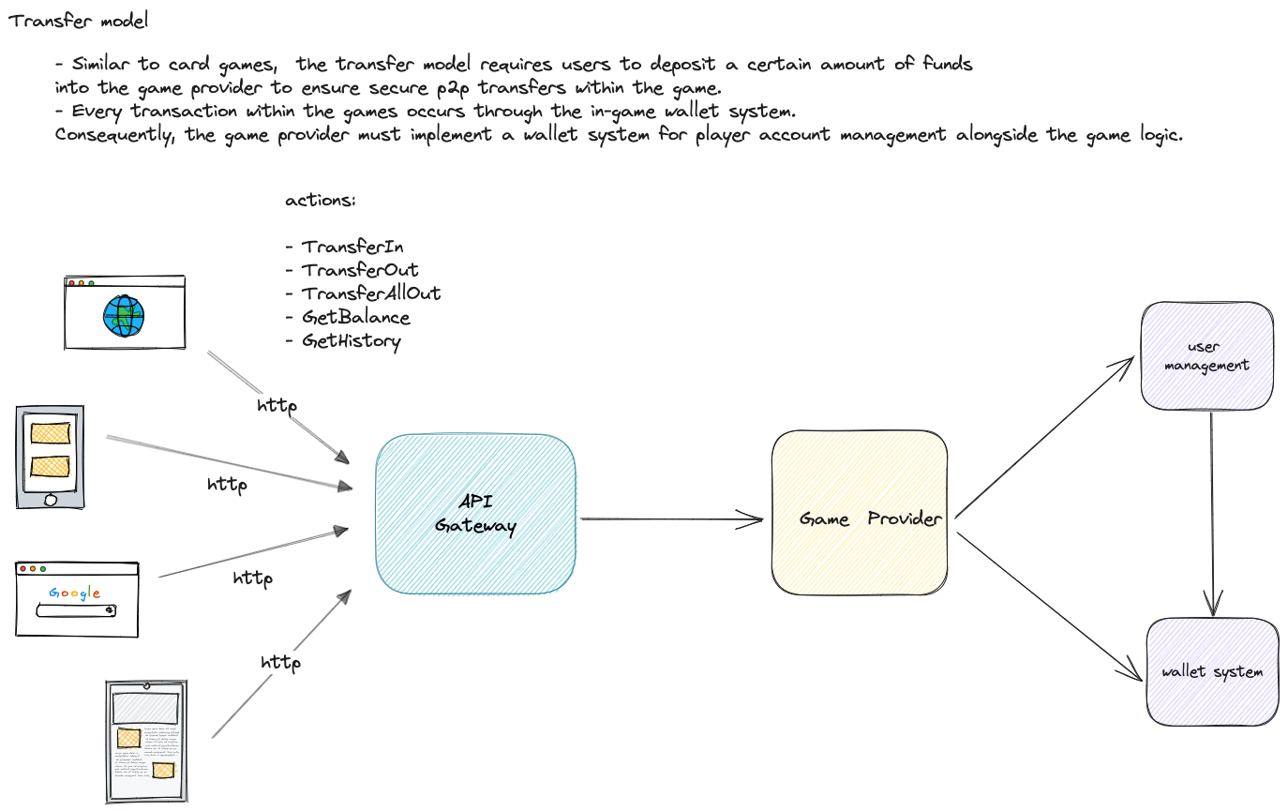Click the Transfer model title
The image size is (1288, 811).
tap(79, 21)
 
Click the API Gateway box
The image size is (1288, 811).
tap(475, 514)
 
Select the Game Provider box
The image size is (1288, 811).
tap(859, 512)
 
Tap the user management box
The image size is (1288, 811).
tap(1206, 355)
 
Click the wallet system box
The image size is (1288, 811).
tap(1212, 671)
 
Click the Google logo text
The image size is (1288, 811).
tap(75, 593)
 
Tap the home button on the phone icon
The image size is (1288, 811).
tap(50, 499)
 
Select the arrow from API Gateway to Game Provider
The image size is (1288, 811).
tap(670, 518)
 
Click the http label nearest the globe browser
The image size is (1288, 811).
tap(277, 406)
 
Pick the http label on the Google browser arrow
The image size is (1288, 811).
tap(252, 578)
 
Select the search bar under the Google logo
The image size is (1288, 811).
tap(76, 611)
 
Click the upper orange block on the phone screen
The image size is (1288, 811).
tap(50, 433)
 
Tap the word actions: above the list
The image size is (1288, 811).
tap(320, 201)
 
